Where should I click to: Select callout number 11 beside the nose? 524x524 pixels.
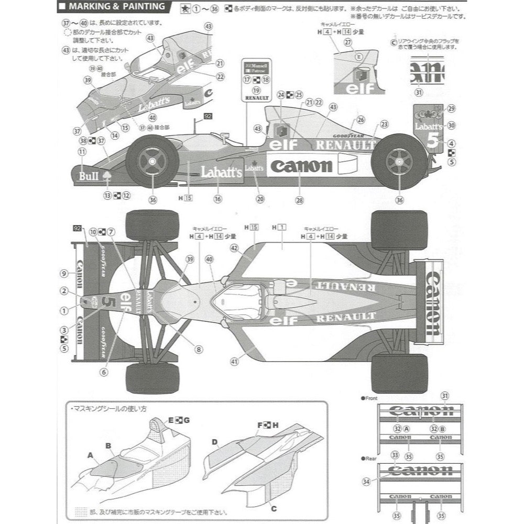pos(81,152)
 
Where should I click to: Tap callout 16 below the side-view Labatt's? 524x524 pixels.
pos(218,199)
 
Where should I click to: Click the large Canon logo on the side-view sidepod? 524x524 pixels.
pos(301,166)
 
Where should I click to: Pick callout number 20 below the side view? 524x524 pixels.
pos(260,199)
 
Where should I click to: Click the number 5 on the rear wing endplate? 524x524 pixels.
pos(433,142)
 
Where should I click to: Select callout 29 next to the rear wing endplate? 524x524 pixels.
pos(451,108)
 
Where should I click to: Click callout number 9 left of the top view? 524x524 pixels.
pos(64,273)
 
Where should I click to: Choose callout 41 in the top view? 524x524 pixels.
pos(234,361)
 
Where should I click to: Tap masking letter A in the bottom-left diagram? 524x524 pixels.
pos(90,456)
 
